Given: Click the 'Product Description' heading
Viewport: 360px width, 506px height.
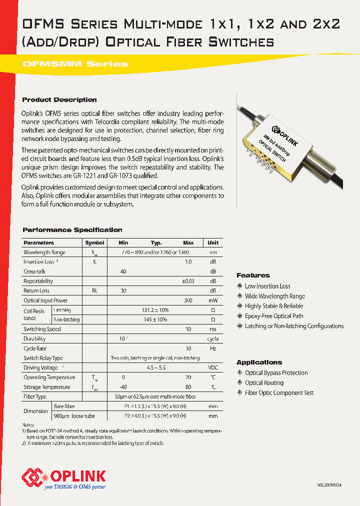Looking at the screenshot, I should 59,100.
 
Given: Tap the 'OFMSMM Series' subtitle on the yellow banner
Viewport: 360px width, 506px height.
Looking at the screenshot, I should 75,64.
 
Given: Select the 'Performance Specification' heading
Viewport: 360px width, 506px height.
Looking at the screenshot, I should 72,230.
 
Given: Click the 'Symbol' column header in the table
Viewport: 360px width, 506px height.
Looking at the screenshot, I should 94,242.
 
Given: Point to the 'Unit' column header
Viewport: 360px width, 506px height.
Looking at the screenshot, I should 213,242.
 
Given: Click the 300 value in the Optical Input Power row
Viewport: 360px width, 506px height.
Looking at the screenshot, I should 188,300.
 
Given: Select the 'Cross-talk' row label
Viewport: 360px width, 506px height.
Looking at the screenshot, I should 34,271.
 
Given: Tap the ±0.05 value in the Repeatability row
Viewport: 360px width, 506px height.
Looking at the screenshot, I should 187,281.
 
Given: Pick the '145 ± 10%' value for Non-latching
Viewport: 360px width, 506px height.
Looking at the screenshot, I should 155,319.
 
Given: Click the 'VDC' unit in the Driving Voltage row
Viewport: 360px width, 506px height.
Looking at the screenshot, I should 213,367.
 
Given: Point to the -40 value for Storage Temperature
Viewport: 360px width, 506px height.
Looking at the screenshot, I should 123,387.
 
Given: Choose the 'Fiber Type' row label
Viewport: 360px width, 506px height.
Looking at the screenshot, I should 35,396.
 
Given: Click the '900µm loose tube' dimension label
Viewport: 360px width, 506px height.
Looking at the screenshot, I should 74,415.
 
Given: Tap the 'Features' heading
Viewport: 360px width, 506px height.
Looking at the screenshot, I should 253,275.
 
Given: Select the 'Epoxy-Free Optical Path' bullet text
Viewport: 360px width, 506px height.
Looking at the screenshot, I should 274,316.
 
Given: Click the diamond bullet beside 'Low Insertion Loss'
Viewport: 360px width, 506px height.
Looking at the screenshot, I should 240,286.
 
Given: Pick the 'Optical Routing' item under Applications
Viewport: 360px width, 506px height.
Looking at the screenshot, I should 264,383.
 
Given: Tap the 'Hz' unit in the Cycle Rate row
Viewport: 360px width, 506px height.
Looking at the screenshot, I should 213,348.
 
